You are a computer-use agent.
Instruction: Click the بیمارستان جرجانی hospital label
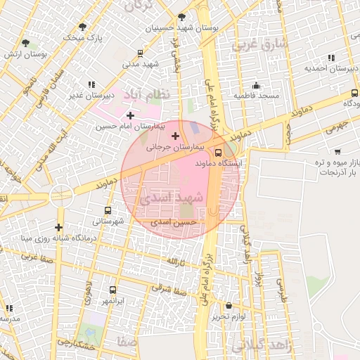pos(174,148)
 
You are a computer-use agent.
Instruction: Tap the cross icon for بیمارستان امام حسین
pos(130,115)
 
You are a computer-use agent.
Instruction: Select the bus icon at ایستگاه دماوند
pos(218,152)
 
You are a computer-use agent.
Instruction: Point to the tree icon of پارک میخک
pos(82,27)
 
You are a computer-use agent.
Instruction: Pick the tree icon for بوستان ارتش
pos(25,43)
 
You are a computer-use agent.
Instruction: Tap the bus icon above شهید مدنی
pos(141,53)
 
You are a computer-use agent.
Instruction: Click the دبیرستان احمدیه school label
pos(327,68)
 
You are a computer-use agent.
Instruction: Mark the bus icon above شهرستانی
pos(108,210)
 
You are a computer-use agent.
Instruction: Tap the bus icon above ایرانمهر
pos(112,290)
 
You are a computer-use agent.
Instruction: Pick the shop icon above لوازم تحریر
pos(229,305)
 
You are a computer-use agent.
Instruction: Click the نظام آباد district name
pos(148,94)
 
